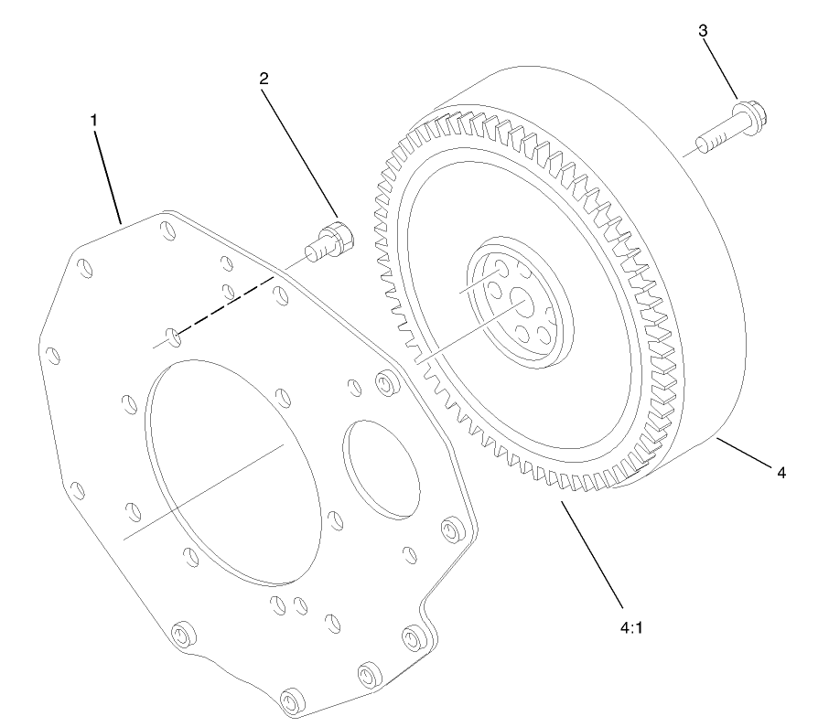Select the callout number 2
264,79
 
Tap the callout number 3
703,30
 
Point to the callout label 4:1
627,628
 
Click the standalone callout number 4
781,473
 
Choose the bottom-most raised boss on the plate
294,700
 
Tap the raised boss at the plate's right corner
450,529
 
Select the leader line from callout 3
721,69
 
